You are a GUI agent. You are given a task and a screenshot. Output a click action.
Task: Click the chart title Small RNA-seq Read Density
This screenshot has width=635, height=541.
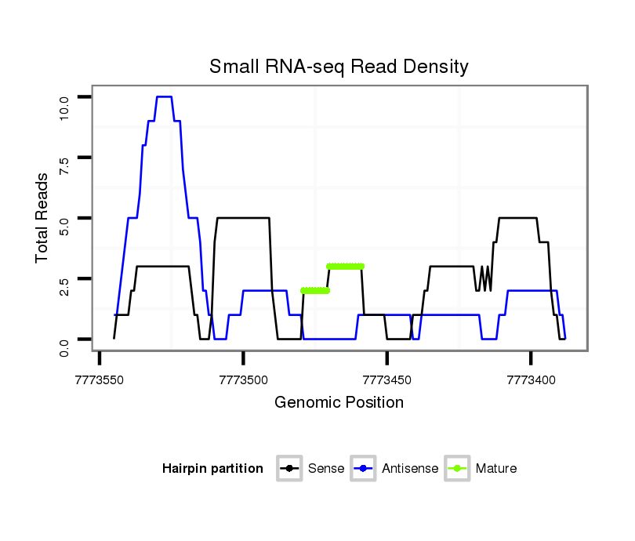click(x=339, y=67)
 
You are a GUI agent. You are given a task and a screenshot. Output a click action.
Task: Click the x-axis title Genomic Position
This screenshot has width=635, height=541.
click(x=339, y=402)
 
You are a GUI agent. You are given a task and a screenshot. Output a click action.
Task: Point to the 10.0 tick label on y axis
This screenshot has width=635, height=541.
click(x=64, y=104)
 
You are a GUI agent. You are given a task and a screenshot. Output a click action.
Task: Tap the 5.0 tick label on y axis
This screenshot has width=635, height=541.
click(x=64, y=226)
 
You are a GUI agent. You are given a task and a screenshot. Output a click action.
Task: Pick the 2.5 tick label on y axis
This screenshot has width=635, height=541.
click(x=64, y=286)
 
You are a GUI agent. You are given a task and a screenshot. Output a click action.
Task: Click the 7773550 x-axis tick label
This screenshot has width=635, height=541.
click(x=100, y=379)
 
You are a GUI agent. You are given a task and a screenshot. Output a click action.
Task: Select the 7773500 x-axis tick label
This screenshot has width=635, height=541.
click(x=243, y=379)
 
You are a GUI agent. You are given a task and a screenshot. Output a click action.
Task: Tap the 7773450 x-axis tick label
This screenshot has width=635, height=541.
click(x=387, y=379)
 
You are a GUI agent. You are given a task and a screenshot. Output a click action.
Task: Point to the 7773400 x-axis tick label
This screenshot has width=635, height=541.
click(x=531, y=379)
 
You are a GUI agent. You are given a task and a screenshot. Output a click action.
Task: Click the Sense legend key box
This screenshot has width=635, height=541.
click(x=289, y=469)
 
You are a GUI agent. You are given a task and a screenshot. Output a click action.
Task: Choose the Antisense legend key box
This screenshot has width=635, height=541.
click(x=365, y=469)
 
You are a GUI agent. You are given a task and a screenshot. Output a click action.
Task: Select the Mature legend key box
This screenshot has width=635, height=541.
click(x=457, y=469)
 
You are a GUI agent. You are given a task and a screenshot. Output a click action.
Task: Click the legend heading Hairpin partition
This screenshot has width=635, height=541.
click(x=212, y=469)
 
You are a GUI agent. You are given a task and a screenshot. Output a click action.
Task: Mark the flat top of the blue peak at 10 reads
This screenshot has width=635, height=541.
click(x=164, y=96)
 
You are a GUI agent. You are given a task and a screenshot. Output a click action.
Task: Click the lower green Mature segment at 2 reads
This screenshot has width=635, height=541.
click(x=315, y=291)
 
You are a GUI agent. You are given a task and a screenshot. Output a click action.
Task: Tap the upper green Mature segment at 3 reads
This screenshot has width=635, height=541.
click(x=346, y=267)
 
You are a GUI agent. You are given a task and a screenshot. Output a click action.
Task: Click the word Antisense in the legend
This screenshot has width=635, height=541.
click(x=410, y=469)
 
